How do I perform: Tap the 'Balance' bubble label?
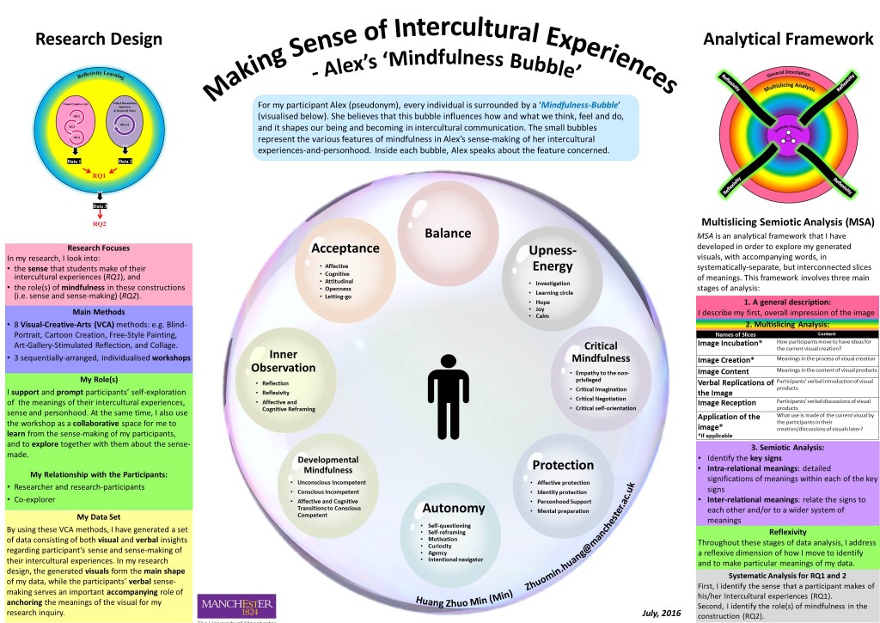pos(448,234)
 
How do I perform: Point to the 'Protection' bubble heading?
pos(563,465)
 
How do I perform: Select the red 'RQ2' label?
pos(99,225)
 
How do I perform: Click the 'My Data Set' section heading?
pos(99,516)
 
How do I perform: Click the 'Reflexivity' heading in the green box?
pos(788,531)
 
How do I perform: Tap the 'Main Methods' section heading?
pos(99,311)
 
